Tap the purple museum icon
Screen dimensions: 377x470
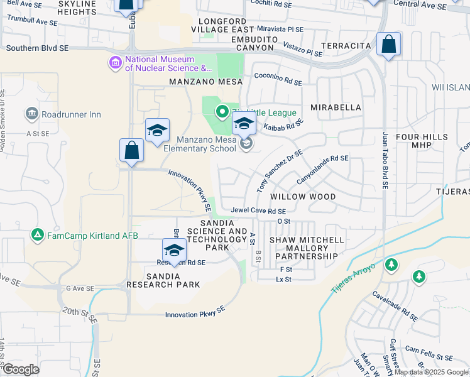115,63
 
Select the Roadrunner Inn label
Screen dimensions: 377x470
71,114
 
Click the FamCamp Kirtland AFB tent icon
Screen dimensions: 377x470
38,235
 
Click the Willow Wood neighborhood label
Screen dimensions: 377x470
303,197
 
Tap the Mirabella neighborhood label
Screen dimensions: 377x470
336,107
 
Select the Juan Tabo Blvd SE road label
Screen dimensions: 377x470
385,160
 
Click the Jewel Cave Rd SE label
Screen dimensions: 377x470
258,211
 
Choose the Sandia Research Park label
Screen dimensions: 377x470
163,280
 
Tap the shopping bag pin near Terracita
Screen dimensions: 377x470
389,45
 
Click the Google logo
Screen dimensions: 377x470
20,370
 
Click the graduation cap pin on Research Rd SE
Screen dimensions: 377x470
175,249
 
